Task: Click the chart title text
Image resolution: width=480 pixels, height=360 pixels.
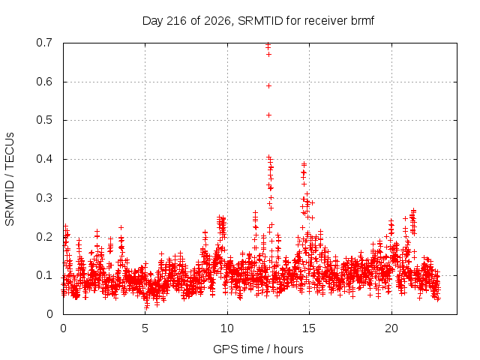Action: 258,21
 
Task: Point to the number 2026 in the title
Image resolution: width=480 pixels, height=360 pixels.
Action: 217,21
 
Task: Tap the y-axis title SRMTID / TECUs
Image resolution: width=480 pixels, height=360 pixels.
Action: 10,179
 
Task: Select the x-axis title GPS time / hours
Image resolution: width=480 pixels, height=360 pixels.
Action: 258,349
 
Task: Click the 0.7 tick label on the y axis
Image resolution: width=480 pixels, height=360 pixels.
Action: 44,43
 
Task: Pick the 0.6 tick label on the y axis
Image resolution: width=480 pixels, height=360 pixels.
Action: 44,82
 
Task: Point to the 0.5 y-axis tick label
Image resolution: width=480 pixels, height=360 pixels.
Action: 44,120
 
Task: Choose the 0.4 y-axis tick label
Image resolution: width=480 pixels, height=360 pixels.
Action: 44,159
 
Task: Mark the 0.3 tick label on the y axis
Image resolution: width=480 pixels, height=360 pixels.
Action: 44,198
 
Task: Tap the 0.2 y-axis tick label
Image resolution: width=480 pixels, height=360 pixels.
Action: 44,237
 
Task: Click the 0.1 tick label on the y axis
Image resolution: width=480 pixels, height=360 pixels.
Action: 44,275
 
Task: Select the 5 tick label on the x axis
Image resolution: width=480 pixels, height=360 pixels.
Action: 145,328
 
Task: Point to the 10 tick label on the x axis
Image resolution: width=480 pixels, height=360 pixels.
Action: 226,328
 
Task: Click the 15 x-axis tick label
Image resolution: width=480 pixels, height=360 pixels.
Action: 309,328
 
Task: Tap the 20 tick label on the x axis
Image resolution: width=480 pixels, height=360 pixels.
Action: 391,328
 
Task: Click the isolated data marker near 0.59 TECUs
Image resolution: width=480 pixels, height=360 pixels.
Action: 268,86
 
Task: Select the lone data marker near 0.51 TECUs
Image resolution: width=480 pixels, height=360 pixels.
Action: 268,115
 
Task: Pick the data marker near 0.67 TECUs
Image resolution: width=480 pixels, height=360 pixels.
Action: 268,55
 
